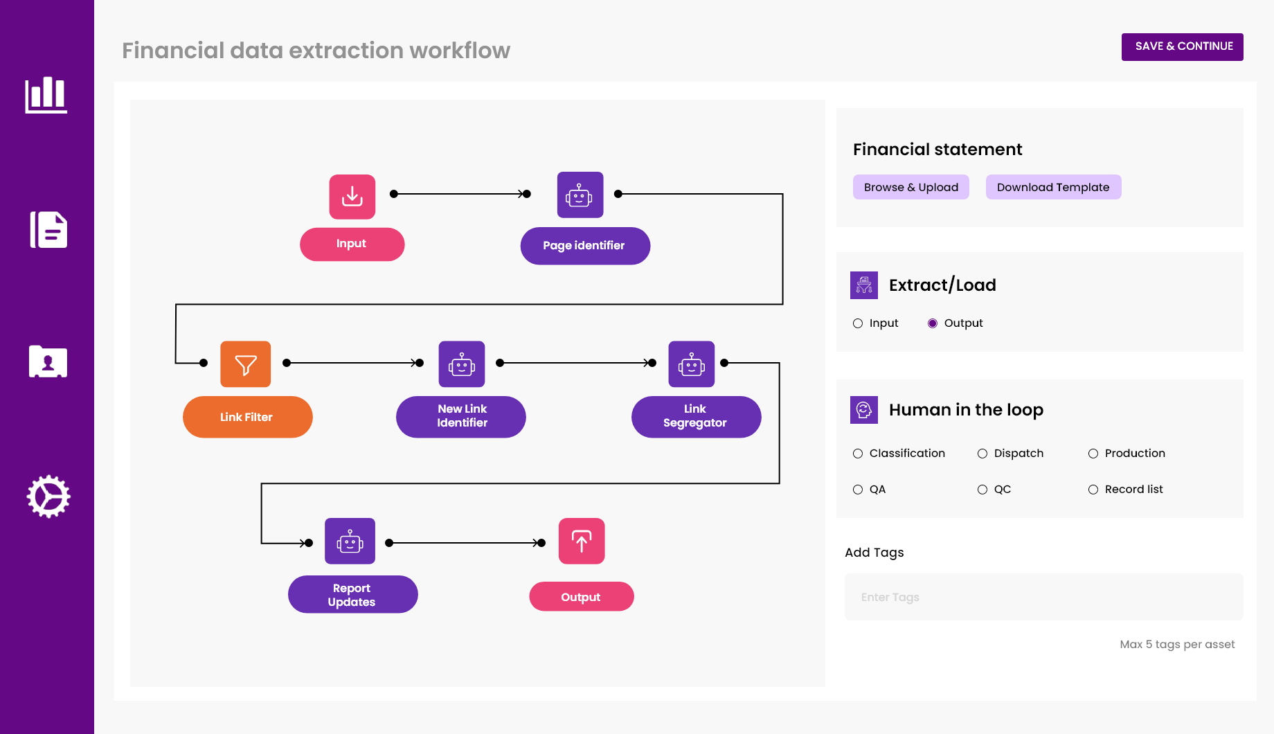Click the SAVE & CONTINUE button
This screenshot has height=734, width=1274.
(1182, 46)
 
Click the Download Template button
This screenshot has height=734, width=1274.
(1052, 187)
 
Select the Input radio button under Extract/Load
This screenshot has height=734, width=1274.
(858, 323)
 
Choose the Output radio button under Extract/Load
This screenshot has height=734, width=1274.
(933, 323)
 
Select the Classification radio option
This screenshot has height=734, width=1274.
(858, 454)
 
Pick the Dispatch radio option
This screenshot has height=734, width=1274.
(983, 454)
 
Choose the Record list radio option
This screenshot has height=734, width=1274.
(1093, 490)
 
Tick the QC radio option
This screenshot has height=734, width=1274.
(983, 490)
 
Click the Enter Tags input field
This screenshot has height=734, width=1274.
(1043, 597)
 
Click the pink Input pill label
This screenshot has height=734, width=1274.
(352, 244)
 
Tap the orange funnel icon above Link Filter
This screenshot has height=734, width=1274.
(245, 364)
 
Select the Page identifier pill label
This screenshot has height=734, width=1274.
(584, 246)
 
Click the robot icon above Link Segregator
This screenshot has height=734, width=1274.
(691, 364)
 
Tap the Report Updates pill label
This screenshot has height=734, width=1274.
(352, 595)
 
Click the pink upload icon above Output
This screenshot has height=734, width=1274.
(581, 541)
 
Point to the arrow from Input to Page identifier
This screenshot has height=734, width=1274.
(460, 194)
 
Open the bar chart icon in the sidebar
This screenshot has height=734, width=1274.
(46, 95)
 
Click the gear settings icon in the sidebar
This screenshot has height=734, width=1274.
(48, 496)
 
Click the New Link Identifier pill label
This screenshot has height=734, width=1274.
(461, 416)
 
